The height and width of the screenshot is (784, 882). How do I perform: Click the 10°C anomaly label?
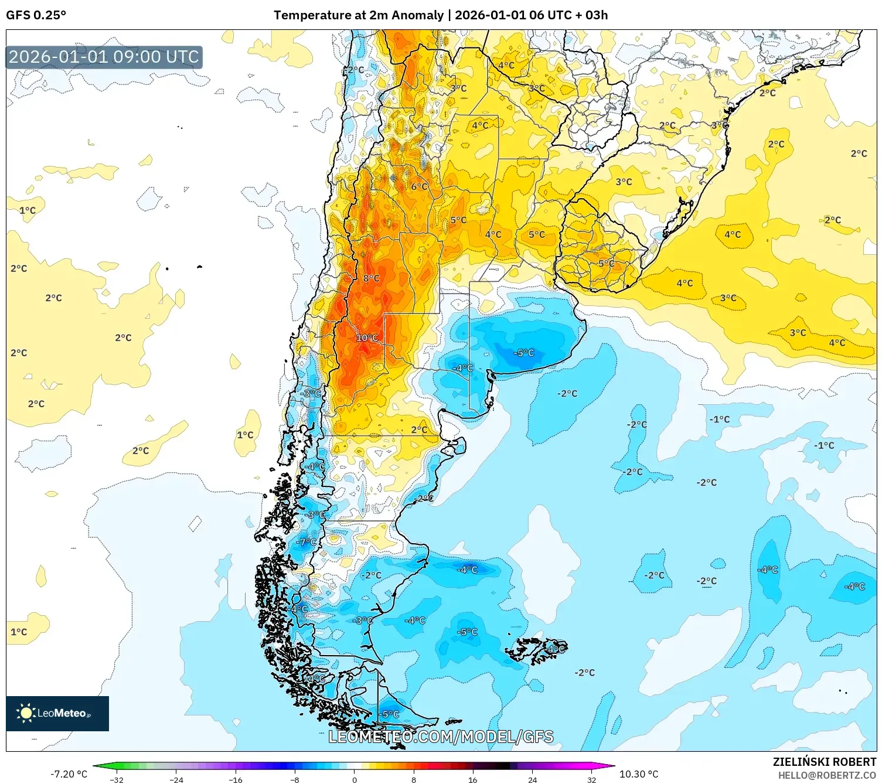(367, 338)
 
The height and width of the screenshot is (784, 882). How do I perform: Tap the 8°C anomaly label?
(371, 278)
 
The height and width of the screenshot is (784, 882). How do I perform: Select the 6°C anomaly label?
(419, 187)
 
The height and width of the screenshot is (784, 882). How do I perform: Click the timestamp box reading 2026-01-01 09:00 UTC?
(104, 57)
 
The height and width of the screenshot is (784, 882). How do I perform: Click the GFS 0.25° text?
(36, 15)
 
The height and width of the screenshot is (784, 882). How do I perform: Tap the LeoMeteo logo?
(57, 713)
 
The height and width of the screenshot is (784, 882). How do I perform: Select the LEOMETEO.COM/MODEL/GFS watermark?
(441, 737)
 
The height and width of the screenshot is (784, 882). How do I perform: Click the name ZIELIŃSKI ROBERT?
(824, 762)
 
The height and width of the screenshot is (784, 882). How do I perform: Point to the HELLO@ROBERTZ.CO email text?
(826, 775)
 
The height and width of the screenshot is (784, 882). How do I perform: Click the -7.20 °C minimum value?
(69, 774)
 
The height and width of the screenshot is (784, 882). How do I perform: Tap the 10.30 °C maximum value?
(639, 774)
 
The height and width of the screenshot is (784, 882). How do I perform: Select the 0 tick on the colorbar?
(354, 780)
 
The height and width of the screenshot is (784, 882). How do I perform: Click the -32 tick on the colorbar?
(117, 780)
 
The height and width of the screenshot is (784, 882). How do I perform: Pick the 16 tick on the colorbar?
(473, 780)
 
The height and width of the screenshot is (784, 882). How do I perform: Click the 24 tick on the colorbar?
(532, 780)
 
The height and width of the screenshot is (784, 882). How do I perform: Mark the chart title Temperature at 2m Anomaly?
(358, 15)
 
